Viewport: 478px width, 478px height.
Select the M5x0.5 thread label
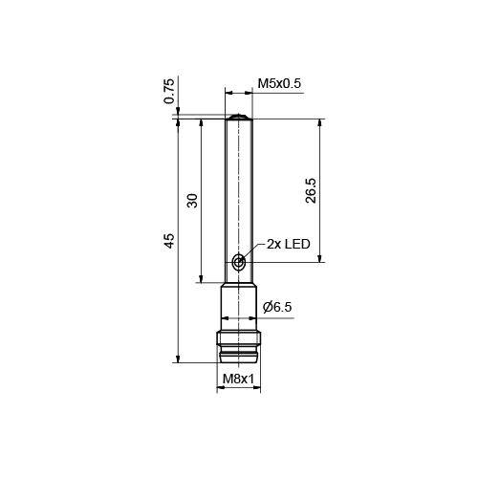click(279, 84)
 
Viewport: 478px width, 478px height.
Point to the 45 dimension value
click(169, 240)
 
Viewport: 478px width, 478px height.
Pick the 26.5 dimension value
click(309, 190)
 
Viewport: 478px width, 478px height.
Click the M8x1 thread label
click(238, 380)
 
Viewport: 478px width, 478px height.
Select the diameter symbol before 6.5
click(267, 307)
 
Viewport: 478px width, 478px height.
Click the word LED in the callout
click(298, 245)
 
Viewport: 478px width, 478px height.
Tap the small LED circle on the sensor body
click(238, 261)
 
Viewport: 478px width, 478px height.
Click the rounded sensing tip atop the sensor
click(238, 116)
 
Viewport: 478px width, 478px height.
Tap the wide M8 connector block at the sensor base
click(238, 338)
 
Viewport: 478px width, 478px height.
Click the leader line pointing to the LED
click(252, 250)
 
